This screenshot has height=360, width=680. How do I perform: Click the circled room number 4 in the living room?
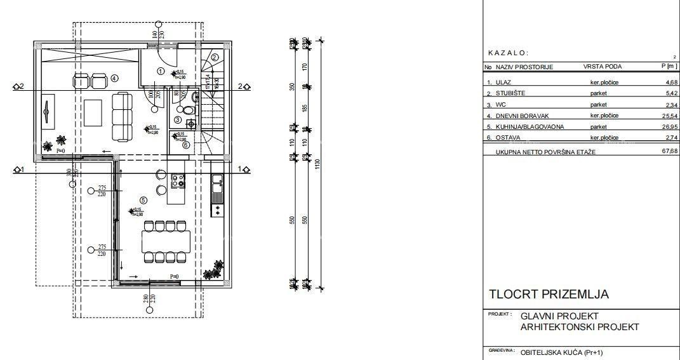point(114,78)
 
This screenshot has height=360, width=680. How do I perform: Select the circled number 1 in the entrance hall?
point(161,72)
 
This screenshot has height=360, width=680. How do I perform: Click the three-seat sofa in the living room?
point(121,117)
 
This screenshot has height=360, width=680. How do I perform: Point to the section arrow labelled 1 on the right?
point(244,170)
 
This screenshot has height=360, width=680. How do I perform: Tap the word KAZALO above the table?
point(508,53)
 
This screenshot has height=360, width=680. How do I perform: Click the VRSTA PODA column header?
point(602,67)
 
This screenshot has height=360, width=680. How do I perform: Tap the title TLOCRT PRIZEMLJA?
point(549,295)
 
